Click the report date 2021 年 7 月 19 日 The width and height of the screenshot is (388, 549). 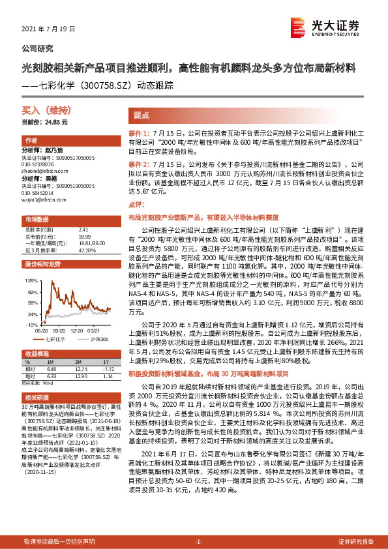coord(50,30)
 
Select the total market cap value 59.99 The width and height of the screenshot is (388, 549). coord(83,235)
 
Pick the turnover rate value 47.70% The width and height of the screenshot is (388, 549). coord(87,250)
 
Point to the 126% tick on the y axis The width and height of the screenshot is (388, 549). coord(31,280)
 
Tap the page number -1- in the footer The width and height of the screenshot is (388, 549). coord(198,542)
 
